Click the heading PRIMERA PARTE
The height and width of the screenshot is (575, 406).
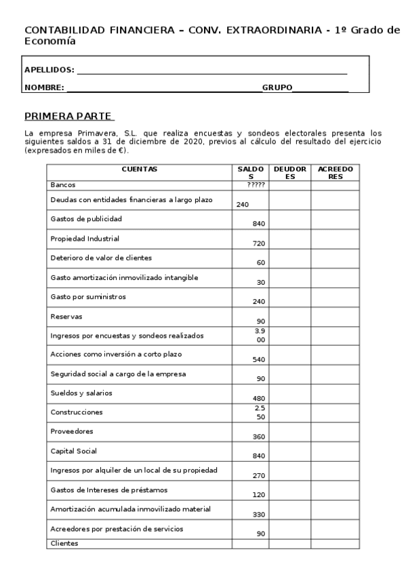pos(68,115)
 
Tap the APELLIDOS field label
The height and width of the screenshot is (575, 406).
pos(49,70)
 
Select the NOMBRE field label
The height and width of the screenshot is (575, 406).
pos(44,87)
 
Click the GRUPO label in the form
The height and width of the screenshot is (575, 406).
pos(277,87)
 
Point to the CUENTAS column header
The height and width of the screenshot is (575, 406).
pos(139,169)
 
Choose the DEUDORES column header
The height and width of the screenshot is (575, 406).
pos(289,172)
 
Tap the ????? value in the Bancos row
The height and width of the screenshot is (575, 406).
pos(256,184)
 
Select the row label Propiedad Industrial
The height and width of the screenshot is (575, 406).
pos(85,239)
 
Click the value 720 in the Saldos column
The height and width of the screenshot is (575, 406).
pos(258,243)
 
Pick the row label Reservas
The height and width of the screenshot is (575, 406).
pos(65,316)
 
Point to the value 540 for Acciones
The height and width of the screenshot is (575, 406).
pos(258,359)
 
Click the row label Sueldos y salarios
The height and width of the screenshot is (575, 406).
pos(81,393)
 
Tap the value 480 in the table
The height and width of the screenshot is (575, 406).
pos(258,398)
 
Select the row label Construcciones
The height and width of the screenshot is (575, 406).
pos(77,412)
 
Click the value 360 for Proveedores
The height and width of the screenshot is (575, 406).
pos(258,437)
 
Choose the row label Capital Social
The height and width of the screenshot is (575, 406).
pos(74,451)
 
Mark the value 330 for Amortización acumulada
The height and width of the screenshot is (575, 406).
pos(258,515)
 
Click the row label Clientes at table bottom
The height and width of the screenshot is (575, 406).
pos(64,543)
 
